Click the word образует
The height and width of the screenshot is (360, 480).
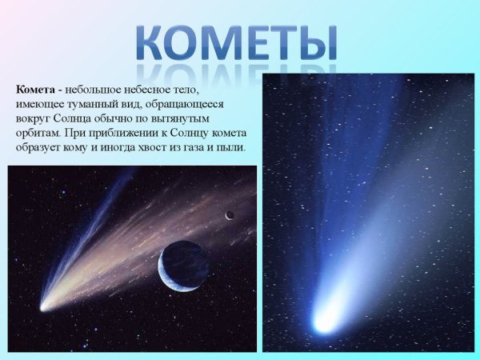pyautogui.click(x=38, y=148)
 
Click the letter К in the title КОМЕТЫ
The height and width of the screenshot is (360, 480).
pyautogui.click(x=150, y=40)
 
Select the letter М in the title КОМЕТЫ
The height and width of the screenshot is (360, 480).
pyautogui.click(x=224, y=40)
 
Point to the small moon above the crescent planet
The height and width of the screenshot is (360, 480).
pyautogui.click(x=230, y=214)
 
